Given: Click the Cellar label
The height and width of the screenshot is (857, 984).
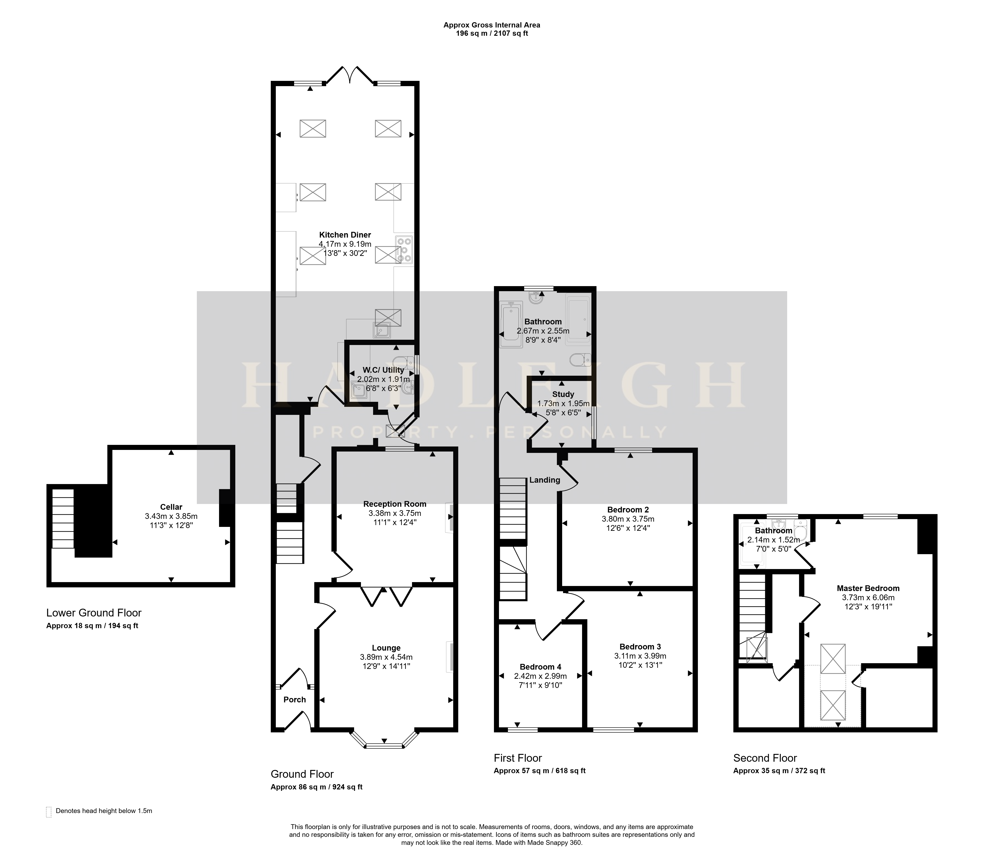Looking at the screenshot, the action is coord(171,507).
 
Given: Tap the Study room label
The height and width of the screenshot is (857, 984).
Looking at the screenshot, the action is coord(563,394).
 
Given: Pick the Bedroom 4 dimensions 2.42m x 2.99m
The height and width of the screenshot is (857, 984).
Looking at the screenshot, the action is coord(540,676).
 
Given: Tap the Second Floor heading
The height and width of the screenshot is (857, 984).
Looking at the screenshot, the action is coord(765,758).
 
